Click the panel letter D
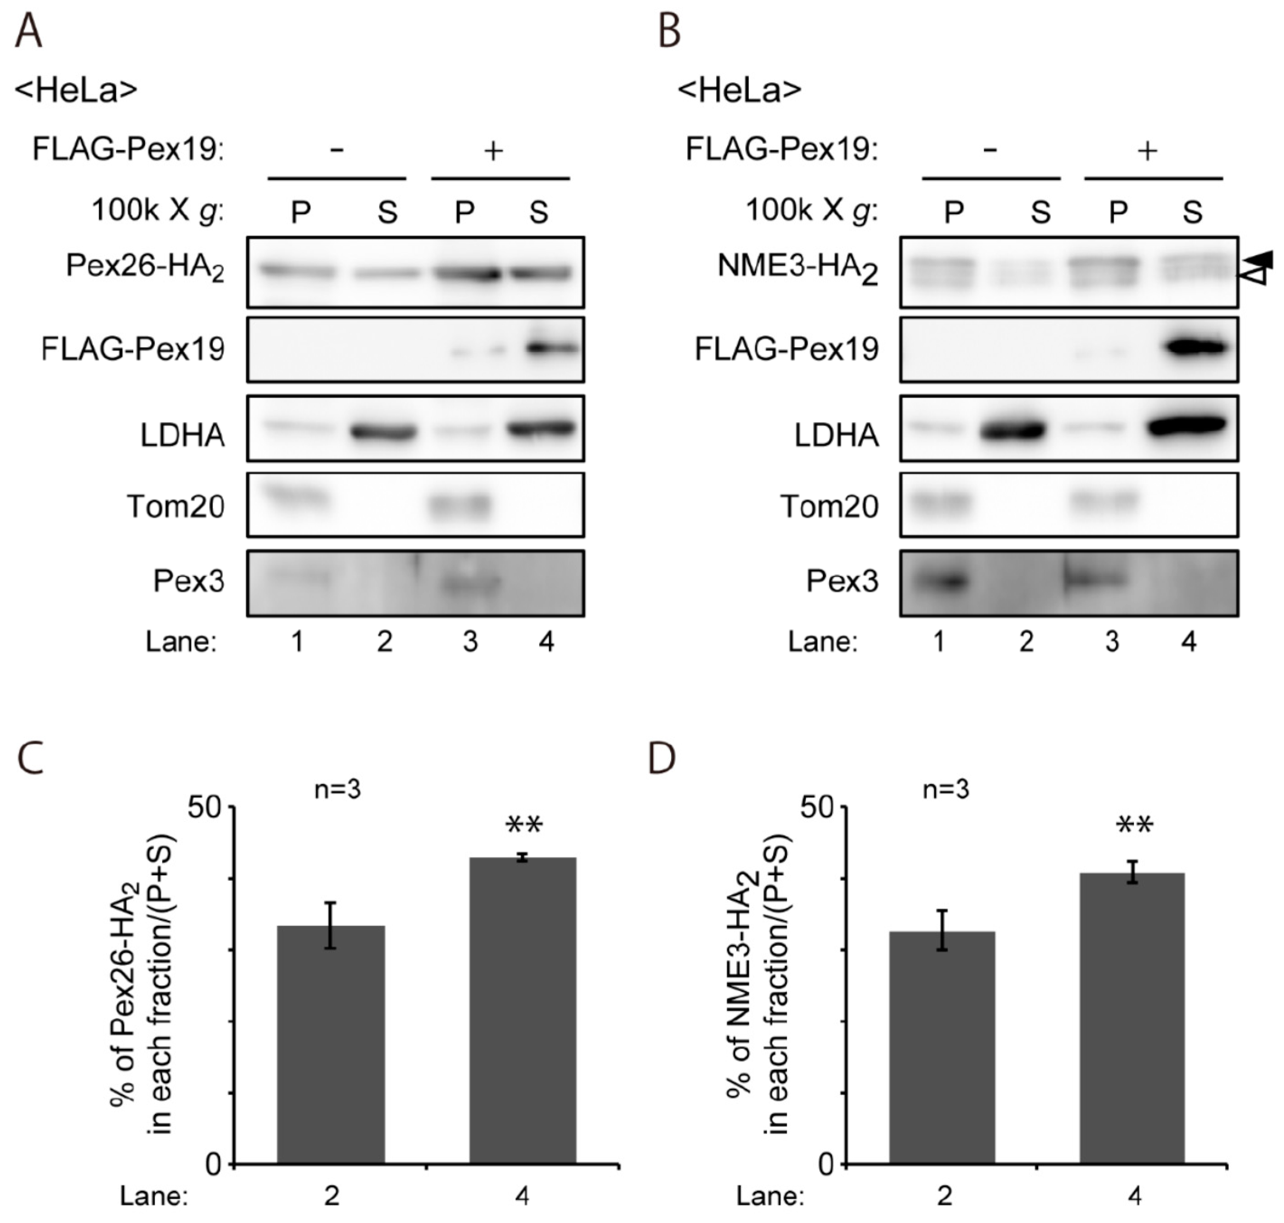[x=662, y=758]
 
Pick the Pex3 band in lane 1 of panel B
[x=939, y=581]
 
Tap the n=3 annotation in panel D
[x=946, y=790]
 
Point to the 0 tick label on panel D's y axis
[x=825, y=1165]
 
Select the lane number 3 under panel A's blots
[x=470, y=642]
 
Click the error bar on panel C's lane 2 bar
[x=331, y=926]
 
